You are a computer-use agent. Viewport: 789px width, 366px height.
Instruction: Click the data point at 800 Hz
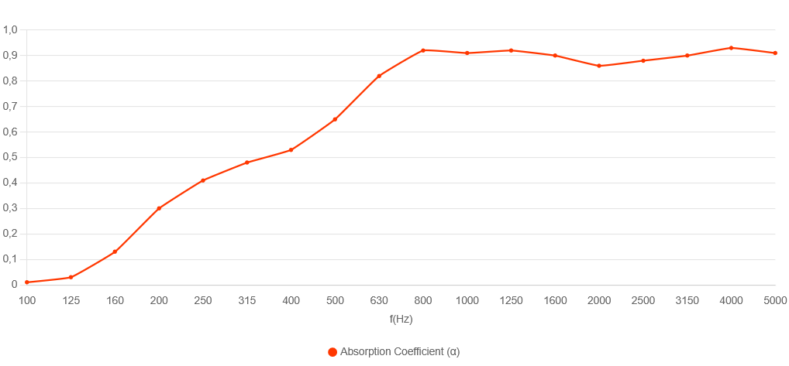(x=423, y=50)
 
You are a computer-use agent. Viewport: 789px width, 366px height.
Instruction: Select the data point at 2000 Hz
(x=599, y=66)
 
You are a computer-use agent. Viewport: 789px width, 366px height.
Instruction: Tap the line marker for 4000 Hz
(x=731, y=48)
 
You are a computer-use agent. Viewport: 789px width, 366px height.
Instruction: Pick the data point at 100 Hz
(x=27, y=282)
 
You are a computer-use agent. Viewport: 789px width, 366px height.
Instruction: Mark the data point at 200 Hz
(x=159, y=208)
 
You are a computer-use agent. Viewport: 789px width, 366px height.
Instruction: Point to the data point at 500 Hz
(x=335, y=119)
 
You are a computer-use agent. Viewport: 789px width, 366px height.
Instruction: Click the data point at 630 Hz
(x=379, y=76)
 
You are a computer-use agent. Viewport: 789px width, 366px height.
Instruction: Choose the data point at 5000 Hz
(x=775, y=53)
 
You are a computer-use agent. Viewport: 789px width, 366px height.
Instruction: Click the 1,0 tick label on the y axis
(x=11, y=29)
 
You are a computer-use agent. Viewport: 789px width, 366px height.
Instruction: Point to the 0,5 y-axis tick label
(x=11, y=157)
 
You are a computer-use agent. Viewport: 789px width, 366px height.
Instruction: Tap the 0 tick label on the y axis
(x=15, y=284)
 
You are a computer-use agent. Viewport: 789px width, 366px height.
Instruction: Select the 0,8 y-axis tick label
(x=11, y=80)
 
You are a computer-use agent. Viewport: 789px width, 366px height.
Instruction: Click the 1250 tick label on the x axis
(x=511, y=300)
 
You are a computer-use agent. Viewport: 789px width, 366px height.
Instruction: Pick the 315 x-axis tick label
(x=247, y=300)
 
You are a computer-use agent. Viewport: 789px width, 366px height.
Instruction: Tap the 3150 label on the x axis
(x=687, y=300)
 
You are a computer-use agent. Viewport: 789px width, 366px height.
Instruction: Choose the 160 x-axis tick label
(x=115, y=300)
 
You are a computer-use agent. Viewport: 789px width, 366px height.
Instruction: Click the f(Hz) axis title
(x=401, y=317)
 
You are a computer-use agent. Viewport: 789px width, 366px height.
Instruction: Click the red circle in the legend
(x=332, y=352)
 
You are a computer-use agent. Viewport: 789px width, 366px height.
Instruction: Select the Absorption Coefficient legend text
(x=400, y=352)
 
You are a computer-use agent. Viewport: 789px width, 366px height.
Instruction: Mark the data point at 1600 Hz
(x=555, y=56)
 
